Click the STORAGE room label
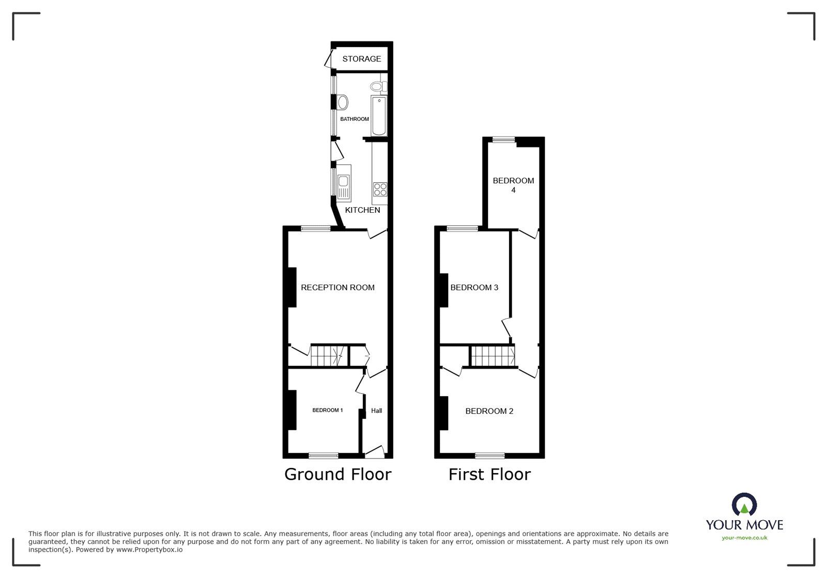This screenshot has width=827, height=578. point(361,59)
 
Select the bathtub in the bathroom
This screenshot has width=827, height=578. point(379,116)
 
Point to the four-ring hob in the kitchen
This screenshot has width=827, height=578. point(380,190)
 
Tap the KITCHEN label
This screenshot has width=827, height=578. point(362,210)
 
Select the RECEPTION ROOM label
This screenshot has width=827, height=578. point(338,287)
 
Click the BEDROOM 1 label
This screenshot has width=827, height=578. point(327,410)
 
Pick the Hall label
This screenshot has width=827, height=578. point(376,411)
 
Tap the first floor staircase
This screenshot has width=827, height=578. point(493,356)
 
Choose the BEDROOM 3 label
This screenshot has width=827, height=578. point(474,287)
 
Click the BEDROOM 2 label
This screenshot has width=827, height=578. point(489,411)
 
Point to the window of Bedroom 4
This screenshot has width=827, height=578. point(503,139)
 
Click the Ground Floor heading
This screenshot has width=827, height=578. point(338,474)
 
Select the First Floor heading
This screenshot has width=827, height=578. point(489,474)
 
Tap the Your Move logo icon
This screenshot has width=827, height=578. point(744,505)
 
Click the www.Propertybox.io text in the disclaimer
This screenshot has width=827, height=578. point(149,550)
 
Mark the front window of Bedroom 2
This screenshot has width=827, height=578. point(489,456)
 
